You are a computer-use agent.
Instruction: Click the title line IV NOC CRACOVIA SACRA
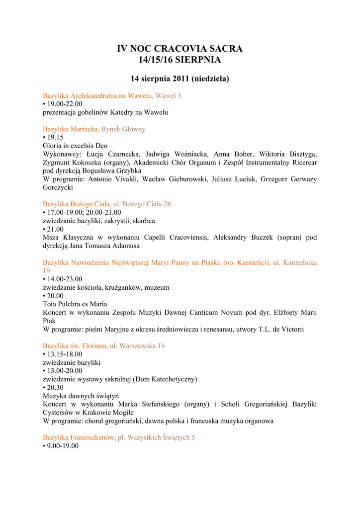click(180, 49)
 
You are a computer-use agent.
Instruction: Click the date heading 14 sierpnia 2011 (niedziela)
click(180, 79)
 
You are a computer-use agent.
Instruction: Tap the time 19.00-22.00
click(65, 104)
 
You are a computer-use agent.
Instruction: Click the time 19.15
click(55, 138)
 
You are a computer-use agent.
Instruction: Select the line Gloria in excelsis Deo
click(75, 146)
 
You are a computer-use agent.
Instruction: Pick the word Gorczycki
click(58, 188)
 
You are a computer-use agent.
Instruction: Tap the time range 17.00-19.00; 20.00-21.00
click(84, 212)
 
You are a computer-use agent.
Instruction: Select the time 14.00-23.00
click(65, 279)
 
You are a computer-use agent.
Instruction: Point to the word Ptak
click(49, 321)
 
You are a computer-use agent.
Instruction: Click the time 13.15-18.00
click(65, 354)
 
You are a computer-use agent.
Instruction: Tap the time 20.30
click(55, 388)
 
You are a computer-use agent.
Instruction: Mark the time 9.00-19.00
click(63, 446)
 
